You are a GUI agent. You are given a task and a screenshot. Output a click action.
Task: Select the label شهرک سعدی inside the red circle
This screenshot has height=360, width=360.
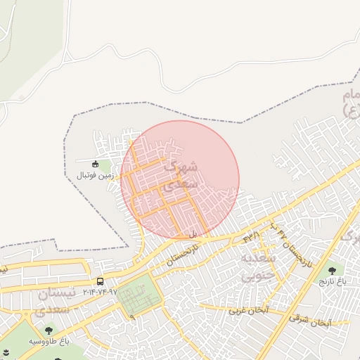tap(179, 176)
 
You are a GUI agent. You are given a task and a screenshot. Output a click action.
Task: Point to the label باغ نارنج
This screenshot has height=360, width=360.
tap(333, 281)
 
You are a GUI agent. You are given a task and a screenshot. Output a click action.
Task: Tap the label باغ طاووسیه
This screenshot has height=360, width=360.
tap(49, 341)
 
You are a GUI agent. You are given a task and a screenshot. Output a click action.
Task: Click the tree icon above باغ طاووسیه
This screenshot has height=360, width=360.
tap(49, 330)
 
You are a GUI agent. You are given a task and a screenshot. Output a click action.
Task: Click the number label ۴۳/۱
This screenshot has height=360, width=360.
tap(251, 237)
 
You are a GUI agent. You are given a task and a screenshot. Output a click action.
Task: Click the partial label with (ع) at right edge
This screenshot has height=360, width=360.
tap(350, 103)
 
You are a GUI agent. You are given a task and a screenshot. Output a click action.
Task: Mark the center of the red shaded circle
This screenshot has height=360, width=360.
tap(180, 180)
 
